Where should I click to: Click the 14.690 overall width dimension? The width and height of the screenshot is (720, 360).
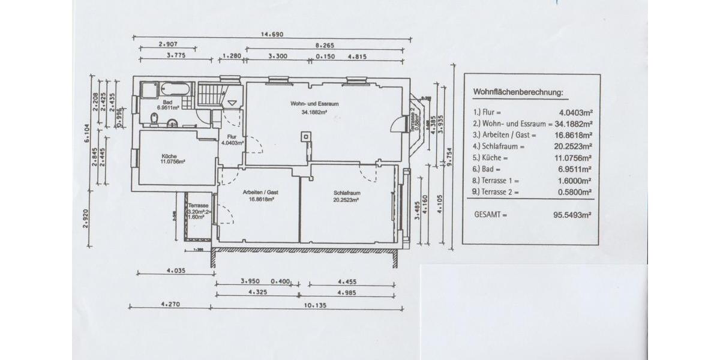coord(271,35)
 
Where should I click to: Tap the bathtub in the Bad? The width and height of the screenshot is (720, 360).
coord(175,89)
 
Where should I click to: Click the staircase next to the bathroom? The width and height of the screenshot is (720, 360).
coord(210,94)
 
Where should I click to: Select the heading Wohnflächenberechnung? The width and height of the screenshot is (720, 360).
coord(518,92)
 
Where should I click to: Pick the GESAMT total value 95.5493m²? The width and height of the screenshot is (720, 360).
coord(572,214)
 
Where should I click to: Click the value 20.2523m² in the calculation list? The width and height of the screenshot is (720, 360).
coord(574,146)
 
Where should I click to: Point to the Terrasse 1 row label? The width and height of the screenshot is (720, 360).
coord(496,181)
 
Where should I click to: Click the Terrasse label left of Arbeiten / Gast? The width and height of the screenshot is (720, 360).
coord(197,205)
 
